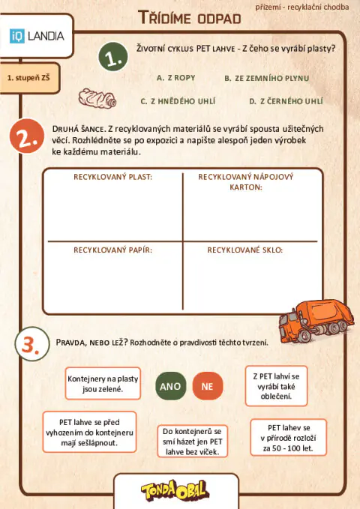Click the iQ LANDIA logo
tap(37, 35)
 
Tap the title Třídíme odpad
tap(190, 17)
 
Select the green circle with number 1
tap(112, 58)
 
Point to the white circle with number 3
tap(29, 344)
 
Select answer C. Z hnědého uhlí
tap(176, 100)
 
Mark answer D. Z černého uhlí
tap(286, 100)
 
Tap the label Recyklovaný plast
tap(112, 177)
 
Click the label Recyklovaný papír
tap(112, 250)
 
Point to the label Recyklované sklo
tap(244, 250)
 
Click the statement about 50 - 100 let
tap(288, 438)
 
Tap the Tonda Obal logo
tap(175, 491)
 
